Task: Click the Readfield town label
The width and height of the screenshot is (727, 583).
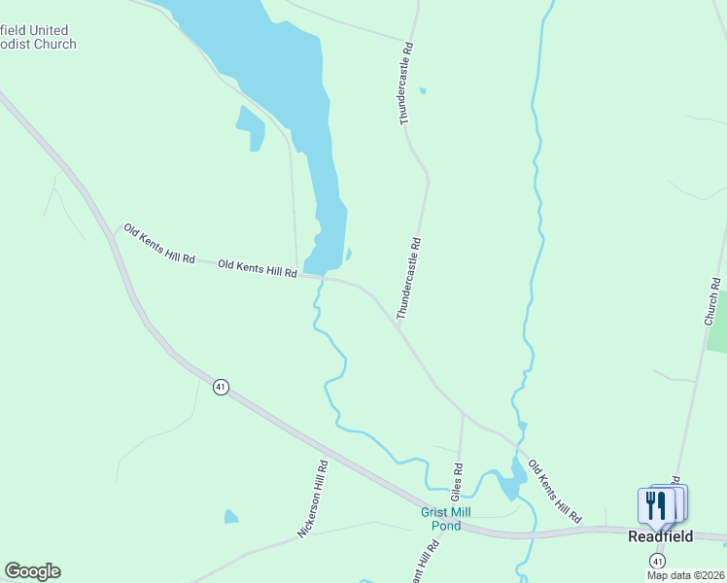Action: coord(660,536)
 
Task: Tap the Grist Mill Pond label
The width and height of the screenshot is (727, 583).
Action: coord(439,519)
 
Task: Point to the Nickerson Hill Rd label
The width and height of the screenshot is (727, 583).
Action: coord(314,499)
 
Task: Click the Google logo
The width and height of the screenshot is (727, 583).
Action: coord(32,571)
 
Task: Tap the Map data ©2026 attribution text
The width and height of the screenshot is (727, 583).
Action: coord(686,575)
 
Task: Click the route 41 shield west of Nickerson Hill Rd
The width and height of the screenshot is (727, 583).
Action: coord(221,387)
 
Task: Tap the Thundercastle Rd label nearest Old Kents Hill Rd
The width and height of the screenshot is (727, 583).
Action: coord(408,280)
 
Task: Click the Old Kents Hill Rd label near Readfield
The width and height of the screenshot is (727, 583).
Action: coord(554,490)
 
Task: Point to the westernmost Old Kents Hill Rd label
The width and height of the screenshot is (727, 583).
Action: coord(158,244)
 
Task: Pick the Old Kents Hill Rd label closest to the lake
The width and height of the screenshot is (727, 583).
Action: coord(258,268)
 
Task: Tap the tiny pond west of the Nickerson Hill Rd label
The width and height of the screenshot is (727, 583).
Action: coord(230,516)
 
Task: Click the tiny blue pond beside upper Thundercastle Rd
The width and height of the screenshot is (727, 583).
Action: coord(422,91)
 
